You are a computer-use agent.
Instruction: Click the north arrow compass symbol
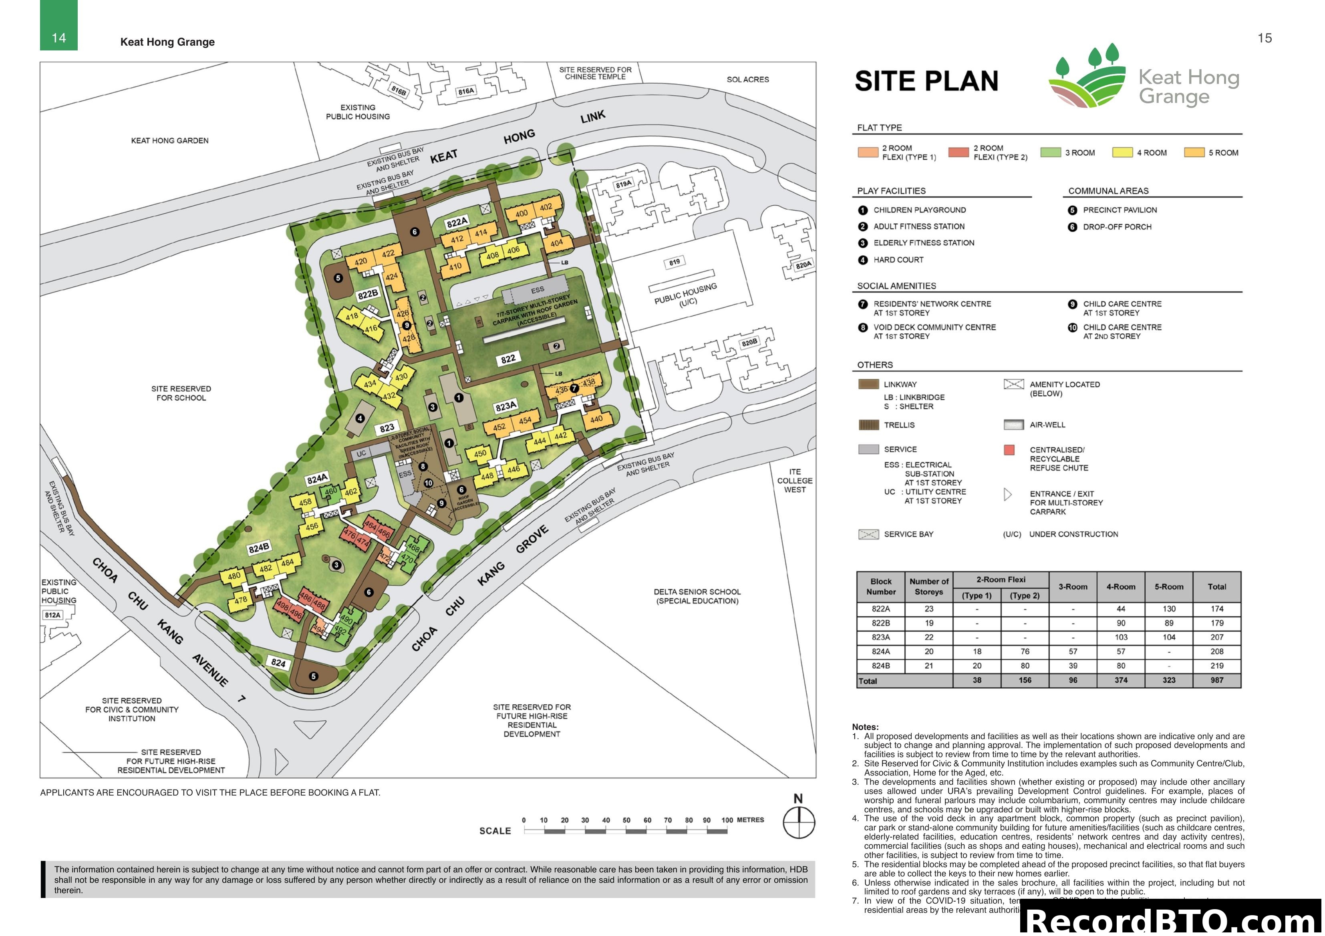(x=799, y=822)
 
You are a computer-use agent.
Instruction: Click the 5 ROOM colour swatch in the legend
(x=1194, y=152)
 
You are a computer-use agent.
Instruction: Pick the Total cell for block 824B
(x=1216, y=665)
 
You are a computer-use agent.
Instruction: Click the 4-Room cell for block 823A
(x=1121, y=637)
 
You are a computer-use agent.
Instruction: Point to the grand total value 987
(x=1216, y=681)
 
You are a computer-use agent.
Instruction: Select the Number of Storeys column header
(x=928, y=587)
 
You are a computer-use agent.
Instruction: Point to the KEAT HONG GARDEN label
(x=170, y=141)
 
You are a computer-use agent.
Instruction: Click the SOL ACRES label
(x=748, y=80)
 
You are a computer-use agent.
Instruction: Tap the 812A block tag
(x=52, y=615)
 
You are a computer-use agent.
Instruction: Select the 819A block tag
(x=623, y=184)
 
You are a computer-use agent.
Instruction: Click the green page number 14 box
(x=59, y=26)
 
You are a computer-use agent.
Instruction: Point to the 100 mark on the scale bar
(x=727, y=820)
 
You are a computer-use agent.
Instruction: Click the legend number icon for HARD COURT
(x=863, y=260)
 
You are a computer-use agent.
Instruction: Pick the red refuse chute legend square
(x=1009, y=450)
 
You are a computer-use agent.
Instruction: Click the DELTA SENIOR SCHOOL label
(x=697, y=596)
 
